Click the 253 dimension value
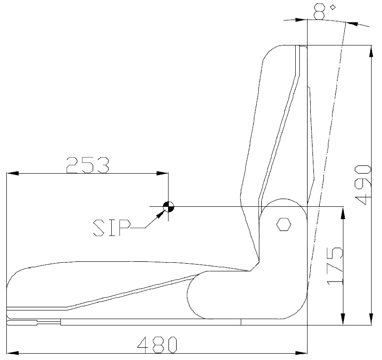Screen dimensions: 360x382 click(88, 165)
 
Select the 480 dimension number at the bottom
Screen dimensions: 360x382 click(157, 345)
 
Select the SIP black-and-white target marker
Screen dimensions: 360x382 click(168, 207)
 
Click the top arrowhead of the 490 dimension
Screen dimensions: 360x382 click(372, 51)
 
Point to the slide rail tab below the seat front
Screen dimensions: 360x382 click(23, 323)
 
